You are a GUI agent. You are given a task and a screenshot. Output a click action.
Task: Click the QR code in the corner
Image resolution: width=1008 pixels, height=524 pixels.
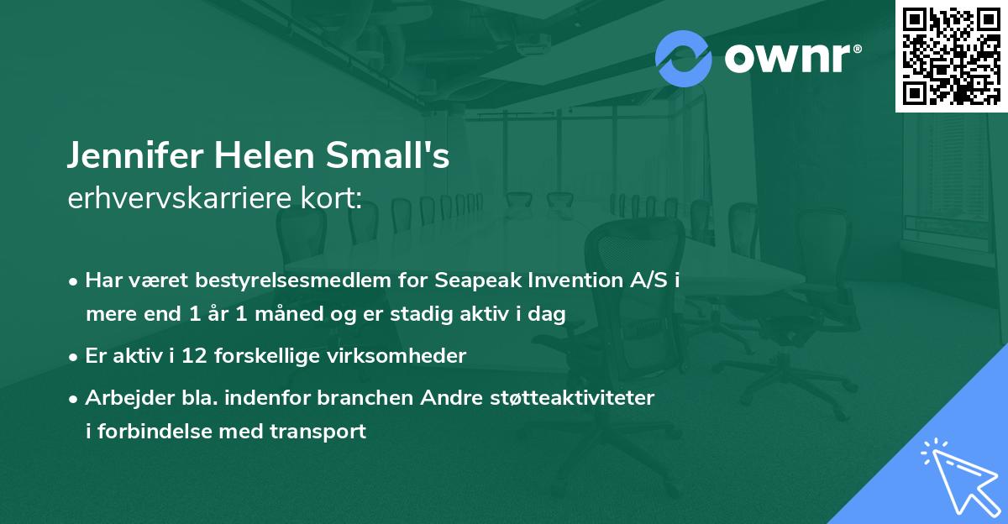point(951,55)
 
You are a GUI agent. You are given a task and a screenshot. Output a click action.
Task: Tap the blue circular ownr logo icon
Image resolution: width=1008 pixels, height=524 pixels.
point(684,58)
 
